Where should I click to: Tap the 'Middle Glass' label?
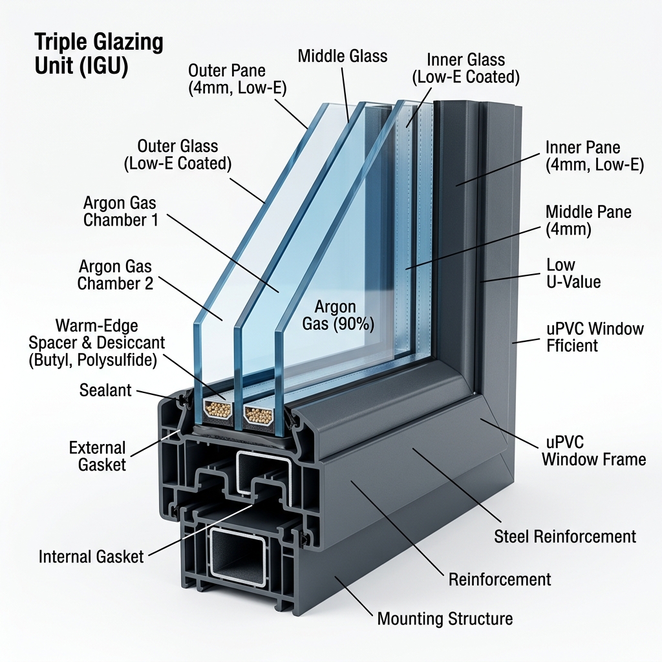point(343,56)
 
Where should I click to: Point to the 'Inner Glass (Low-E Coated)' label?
point(466,69)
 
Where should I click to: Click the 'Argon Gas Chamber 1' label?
point(120,211)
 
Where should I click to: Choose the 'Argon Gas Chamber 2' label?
point(116,274)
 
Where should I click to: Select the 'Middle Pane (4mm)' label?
point(588,220)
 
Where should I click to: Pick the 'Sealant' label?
point(105,390)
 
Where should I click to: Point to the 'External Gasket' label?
point(98,456)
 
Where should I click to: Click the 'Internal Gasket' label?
point(91,557)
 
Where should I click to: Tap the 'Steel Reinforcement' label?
point(564,536)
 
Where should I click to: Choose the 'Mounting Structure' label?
point(445,619)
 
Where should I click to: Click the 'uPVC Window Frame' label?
point(593,451)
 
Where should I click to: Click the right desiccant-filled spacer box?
point(259,415)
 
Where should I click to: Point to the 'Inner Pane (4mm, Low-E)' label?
point(594,156)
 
